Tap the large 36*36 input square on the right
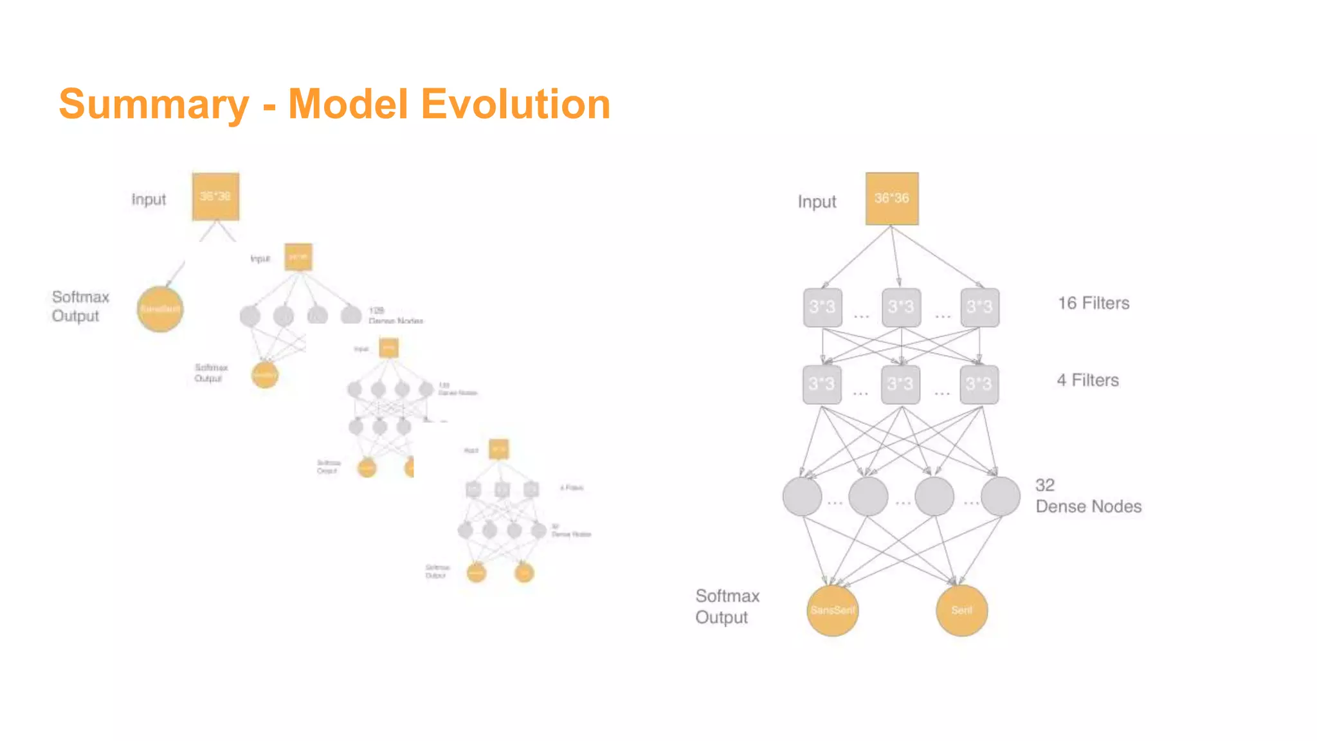[891, 199]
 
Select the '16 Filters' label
[1093, 303]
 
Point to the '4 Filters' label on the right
[1087, 380]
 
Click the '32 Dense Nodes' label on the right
[1087, 496]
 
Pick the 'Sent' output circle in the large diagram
[961, 610]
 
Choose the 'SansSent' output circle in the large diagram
[832, 610]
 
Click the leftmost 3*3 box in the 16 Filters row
[822, 307]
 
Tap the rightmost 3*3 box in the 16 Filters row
[979, 307]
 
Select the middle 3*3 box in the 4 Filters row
[900, 385]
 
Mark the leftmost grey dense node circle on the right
[802, 496]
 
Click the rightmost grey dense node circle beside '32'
[1000, 496]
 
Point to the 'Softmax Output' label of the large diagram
[727, 606]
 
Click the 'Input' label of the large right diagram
[817, 202]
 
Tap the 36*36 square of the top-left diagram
[215, 196]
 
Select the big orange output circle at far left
[160, 309]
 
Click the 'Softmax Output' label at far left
[80, 306]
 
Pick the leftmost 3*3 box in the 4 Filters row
[822, 385]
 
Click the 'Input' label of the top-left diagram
[149, 199]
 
